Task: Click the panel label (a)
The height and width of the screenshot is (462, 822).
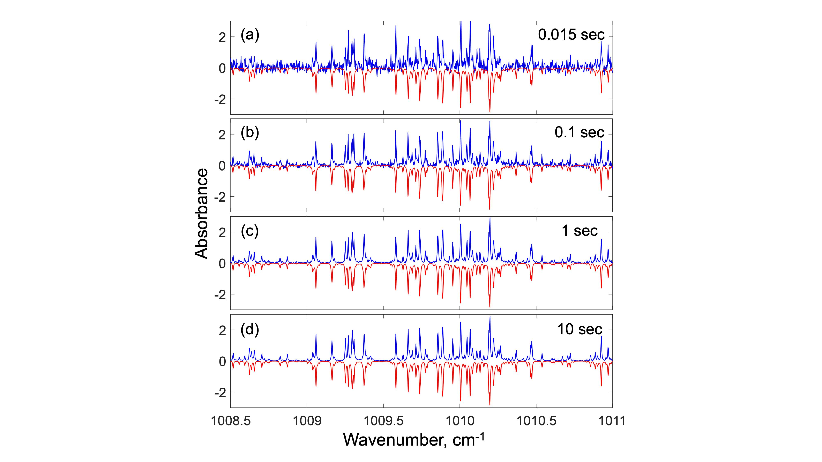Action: [250, 35]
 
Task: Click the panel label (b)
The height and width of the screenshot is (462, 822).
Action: [250, 133]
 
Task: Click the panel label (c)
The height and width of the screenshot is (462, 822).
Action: [250, 231]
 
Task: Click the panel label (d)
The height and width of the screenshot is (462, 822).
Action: [250, 329]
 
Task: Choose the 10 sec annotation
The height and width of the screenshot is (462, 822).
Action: [580, 329]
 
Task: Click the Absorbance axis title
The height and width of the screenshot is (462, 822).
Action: [202, 214]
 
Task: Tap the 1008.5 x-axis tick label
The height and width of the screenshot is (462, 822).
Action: [231, 421]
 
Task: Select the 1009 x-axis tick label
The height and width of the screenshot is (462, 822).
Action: [307, 421]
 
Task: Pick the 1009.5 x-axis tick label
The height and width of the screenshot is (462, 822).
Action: [383, 421]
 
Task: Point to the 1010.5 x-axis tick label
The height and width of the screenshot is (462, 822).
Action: [536, 421]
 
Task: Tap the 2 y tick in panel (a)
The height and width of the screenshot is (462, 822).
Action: [222, 38]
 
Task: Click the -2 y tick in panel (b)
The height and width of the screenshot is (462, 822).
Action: [220, 197]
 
